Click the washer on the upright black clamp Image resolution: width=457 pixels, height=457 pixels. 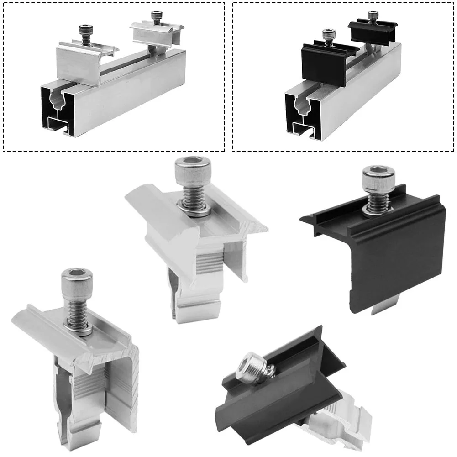click(x=377, y=210)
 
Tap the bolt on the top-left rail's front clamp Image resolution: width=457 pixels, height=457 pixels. click(x=85, y=34)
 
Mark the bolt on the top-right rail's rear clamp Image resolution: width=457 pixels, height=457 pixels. click(x=373, y=17)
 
